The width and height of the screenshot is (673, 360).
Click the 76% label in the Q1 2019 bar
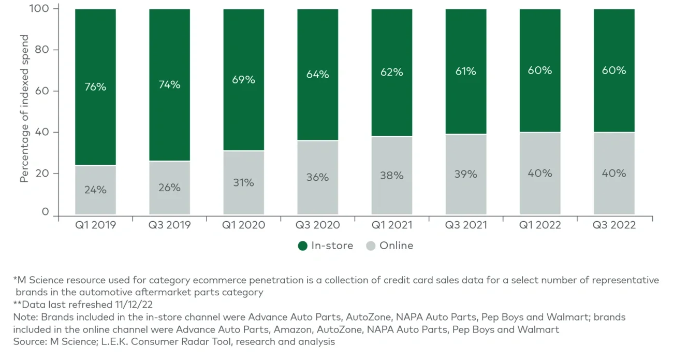(x=95, y=87)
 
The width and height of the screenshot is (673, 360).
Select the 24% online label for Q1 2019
(x=95, y=190)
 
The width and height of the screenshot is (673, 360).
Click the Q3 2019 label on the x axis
(x=169, y=225)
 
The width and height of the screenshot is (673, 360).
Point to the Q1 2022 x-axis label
(x=539, y=225)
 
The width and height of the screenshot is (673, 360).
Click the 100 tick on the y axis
(x=41, y=9)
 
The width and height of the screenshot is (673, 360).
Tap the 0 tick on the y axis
(x=46, y=212)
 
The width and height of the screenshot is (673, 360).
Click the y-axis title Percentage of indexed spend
(x=24, y=109)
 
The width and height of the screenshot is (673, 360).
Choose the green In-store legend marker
(x=303, y=246)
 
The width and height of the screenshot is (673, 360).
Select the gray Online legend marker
(x=370, y=246)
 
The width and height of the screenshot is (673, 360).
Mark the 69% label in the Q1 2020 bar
(x=243, y=80)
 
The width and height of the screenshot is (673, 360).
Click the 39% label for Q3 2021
(x=465, y=175)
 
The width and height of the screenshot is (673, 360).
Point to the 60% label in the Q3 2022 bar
(x=613, y=70)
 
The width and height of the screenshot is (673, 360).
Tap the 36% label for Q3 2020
(x=317, y=177)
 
